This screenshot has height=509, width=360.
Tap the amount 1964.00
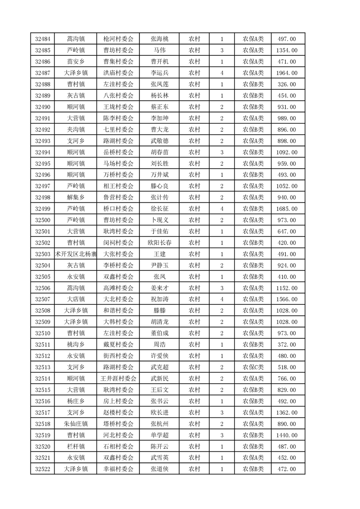click(x=287, y=73)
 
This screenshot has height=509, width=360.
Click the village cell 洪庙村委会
click(x=118, y=73)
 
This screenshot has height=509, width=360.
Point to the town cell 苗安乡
click(x=75, y=61)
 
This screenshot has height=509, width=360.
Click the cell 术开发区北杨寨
click(x=75, y=254)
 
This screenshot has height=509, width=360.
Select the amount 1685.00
click(x=287, y=209)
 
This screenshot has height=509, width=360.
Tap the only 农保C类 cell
click(x=253, y=367)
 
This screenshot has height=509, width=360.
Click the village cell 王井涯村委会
click(x=118, y=378)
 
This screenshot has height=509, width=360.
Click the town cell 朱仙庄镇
click(x=75, y=424)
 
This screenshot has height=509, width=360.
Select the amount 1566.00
click(x=287, y=299)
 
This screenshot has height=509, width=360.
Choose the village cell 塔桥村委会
click(x=118, y=424)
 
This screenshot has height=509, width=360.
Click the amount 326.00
click(x=287, y=84)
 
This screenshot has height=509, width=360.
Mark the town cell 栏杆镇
click(x=75, y=446)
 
